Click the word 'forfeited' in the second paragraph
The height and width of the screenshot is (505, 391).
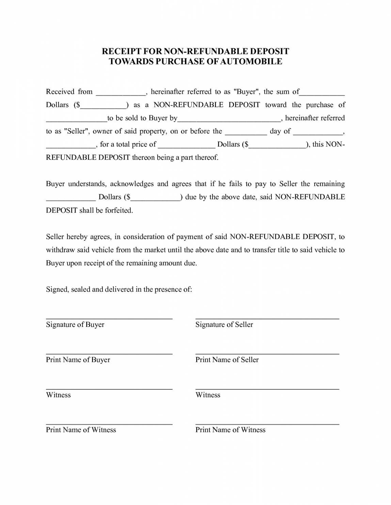(119, 211)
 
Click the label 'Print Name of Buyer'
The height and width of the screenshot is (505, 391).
(78, 360)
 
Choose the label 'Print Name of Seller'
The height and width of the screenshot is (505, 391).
(227, 360)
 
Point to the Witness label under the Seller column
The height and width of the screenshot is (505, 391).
(208, 395)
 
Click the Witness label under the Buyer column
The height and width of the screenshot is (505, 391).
(58, 395)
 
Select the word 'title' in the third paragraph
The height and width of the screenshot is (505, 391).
(282, 250)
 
